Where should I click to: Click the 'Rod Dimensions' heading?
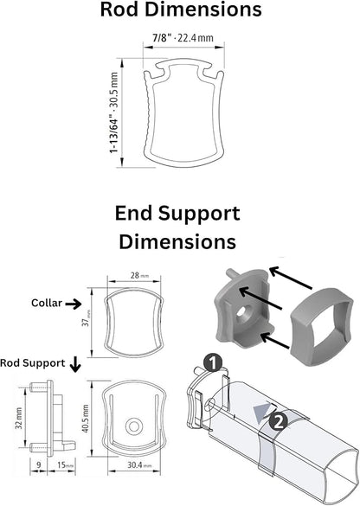pyautogui.click(x=181, y=10)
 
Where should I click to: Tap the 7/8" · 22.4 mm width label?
pyautogui.click(x=183, y=38)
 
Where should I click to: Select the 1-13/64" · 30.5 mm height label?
pyautogui.click(x=114, y=112)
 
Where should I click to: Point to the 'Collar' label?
pyautogui.click(x=47, y=303)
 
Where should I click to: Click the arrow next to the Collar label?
pyautogui.click(x=74, y=304)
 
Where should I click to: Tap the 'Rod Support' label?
pyautogui.click(x=33, y=363)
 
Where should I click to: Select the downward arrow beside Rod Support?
pyautogui.click(x=75, y=364)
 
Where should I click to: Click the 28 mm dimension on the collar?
pyautogui.click(x=139, y=276)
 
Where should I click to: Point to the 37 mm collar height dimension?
pyautogui.click(x=86, y=323)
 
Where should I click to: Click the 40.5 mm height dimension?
pyautogui.click(x=85, y=419)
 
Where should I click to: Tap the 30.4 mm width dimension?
pyautogui.click(x=139, y=465)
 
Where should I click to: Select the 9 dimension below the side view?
pyautogui.click(x=39, y=465)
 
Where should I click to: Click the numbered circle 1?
pyautogui.click(x=213, y=363)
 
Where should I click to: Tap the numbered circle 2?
pyautogui.click(x=278, y=420)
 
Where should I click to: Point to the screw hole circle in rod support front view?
pyautogui.click(x=134, y=426)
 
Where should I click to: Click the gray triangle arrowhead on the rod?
pyautogui.click(x=262, y=410)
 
